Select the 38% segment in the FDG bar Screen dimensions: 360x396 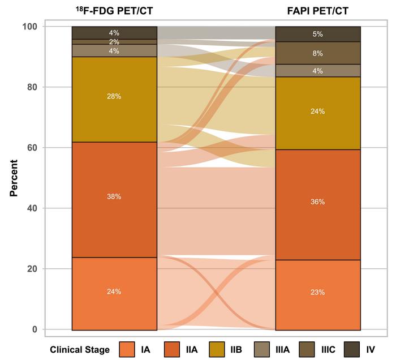click(x=114, y=196)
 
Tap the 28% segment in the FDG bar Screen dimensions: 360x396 click(x=114, y=96)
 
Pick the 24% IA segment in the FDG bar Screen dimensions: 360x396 click(x=114, y=292)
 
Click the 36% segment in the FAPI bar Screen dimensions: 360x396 click(x=317, y=202)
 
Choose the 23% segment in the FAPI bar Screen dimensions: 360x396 click(x=317, y=293)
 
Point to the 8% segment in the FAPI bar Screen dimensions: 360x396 click(x=317, y=53)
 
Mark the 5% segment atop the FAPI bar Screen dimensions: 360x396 click(x=317, y=34)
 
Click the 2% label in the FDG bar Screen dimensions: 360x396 click(x=114, y=42)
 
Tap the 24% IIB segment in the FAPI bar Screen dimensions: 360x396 click(x=317, y=112)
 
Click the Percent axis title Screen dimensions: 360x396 click(x=14, y=178)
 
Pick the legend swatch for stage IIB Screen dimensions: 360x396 click(x=217, y=349)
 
